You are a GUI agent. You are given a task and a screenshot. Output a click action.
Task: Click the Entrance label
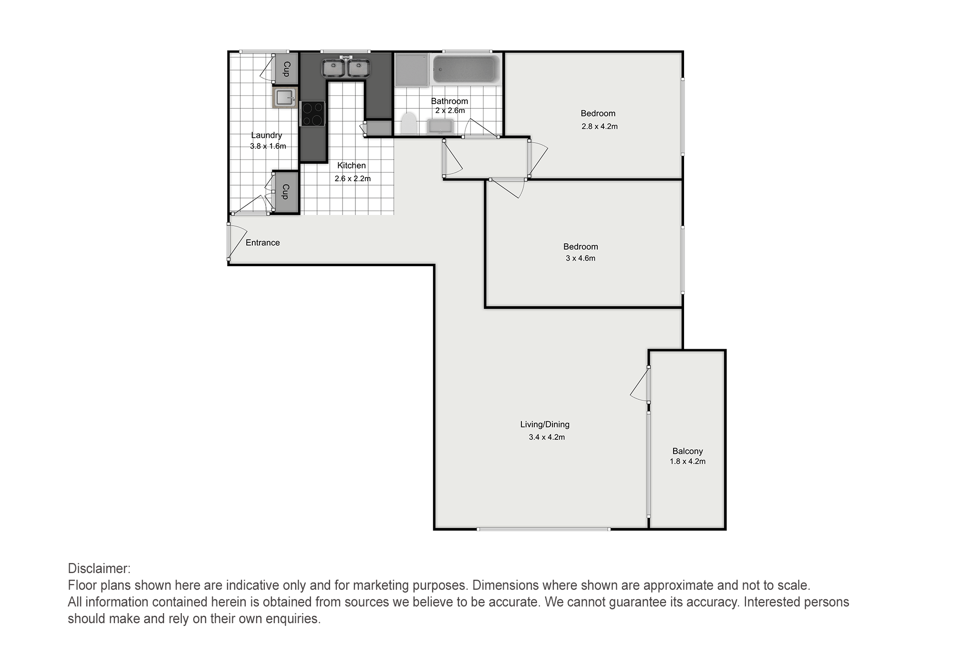pyautogui.click(x=263, y=243)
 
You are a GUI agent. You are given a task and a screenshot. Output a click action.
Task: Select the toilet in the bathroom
pyautogui.click(x=408, y=124)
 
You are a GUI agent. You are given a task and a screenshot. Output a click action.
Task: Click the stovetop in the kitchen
pyautogui.click(x=312, y=114)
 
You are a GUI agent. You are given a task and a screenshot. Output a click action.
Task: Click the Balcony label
pyautogui.click(x=687, y=451)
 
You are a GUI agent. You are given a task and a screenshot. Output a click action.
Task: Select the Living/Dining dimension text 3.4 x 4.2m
pyautogui.click(x=547, y=437)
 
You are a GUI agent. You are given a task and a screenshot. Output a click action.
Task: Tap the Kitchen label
pyautogui.click(x=352, y=166)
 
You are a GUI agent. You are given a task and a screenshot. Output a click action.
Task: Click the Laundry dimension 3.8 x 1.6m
pyautogui.click(x=268, y=146)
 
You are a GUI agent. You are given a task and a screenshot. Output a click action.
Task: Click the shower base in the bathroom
pyautogui.click(x=412, y=70)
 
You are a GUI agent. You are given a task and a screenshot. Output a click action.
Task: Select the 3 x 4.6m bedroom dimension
pyautogui.click(x=581, y=258)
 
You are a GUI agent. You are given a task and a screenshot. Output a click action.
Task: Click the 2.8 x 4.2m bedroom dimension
pyautogui.click(x=600, y=126)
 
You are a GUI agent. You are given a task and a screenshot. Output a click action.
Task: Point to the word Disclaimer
pyautogui.click(x=99, y=569)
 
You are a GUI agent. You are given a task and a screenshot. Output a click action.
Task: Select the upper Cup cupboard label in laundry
pyautogui.click(x=287, y=69)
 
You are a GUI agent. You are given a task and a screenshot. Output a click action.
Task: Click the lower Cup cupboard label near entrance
pyautogui.click(x=286, y=191)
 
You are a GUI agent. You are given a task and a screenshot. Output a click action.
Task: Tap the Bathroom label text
pyautogui.click(x=449, y=101)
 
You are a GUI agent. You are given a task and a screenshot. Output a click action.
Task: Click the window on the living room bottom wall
pyautogui.click(x=544, y=529)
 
